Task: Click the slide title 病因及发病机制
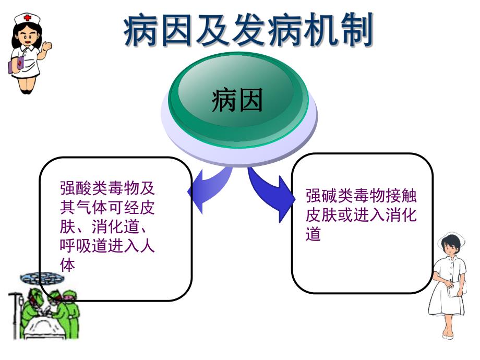click(x=248, y=30)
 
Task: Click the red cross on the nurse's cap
click(x=25, y=18)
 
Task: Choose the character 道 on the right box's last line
click(x=313, y=234)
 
